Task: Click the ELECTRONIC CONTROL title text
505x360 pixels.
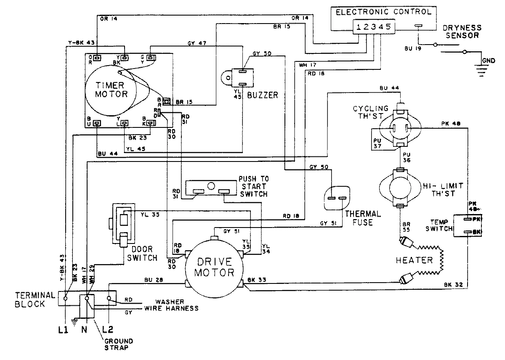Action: (383, 12)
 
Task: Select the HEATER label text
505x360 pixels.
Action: (414, 260)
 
